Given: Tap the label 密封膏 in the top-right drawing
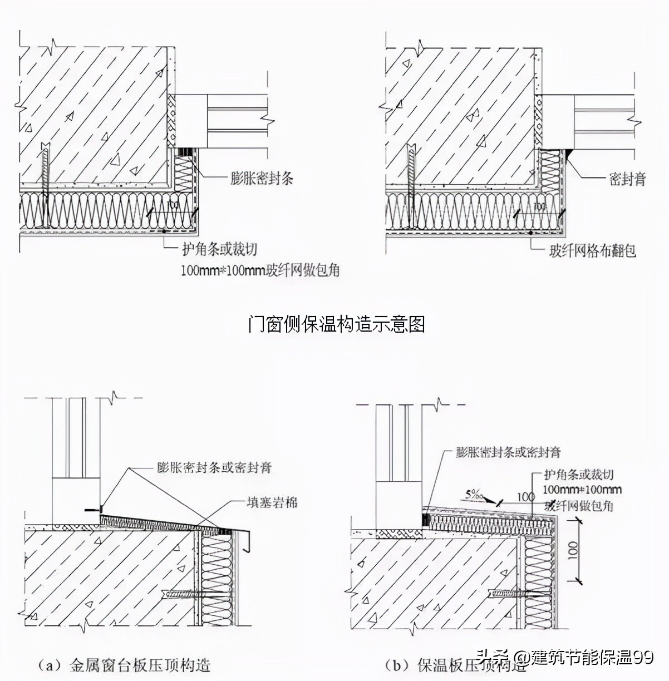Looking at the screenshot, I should tap(627, 179).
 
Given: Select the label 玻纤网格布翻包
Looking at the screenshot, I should tap(592, 251).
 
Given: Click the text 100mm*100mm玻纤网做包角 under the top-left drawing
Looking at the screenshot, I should tap(260, 270).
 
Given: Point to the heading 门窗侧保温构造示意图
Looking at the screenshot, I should tap(336, 324).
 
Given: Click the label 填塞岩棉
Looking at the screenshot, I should tap(272, 502).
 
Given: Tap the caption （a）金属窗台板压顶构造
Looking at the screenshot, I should tap(124, 665).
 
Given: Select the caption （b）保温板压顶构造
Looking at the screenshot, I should tap(456, 665).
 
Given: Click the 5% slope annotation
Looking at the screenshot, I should tap(475, 493).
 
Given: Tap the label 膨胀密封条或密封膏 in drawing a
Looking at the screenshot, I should tap(214, 467).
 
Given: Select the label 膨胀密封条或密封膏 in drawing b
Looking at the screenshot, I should tap(508, 452).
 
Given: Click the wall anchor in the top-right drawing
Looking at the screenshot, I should tap(411, 184).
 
